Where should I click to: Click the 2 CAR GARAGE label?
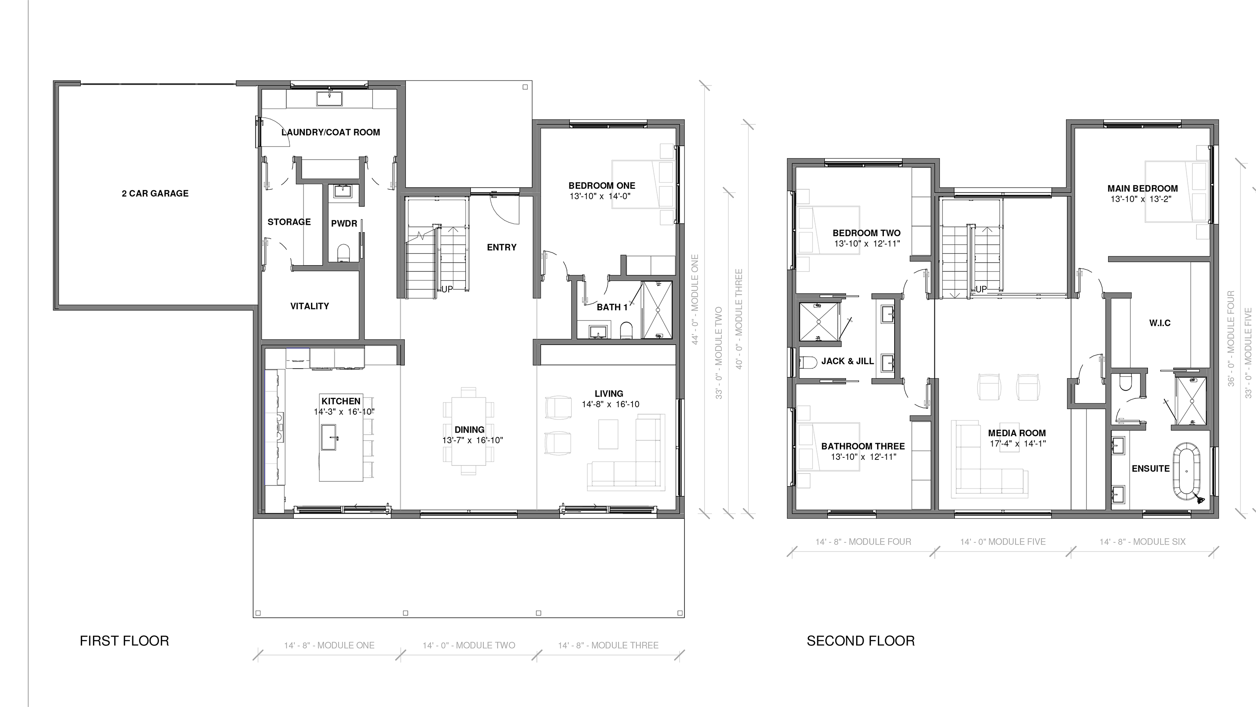click(155, 193)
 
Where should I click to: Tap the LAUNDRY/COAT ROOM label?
click(331, 132)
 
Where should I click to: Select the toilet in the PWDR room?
click(344, 252)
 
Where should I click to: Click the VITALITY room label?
click(310, 306)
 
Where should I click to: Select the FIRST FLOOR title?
click(124, 641)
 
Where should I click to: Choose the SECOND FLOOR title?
click(861, 641)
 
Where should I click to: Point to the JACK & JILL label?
click(847, 361)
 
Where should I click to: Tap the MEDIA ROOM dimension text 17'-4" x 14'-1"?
click(1018, 444)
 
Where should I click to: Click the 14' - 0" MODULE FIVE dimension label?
click(1003, 542)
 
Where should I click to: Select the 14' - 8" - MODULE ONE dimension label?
click(329, 645)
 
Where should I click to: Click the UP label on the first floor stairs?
click(447, 289)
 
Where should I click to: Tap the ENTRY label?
click(502, 248)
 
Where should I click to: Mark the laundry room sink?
click(329, 98)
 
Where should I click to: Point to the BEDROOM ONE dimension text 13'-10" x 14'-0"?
click(600, 196)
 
